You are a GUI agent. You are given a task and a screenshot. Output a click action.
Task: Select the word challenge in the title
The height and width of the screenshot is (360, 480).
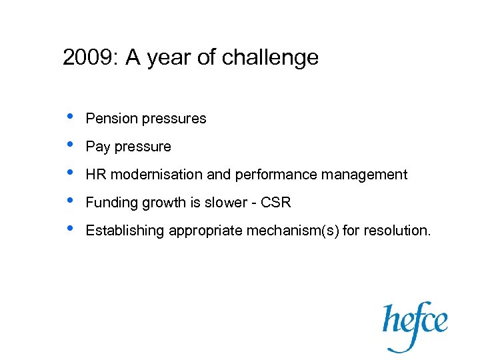click(270, 58)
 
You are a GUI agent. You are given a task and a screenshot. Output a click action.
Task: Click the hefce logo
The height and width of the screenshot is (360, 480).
click(415, 323)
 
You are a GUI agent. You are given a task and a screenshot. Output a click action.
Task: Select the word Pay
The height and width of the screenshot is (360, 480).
click(97, 147)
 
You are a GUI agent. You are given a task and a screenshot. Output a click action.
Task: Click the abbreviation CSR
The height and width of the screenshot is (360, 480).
click(277, 203)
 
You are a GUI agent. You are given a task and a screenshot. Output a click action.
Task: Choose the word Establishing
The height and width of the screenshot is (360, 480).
click(125, 231)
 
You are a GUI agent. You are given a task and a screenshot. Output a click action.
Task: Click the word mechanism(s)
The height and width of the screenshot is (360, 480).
click(293, 231)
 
